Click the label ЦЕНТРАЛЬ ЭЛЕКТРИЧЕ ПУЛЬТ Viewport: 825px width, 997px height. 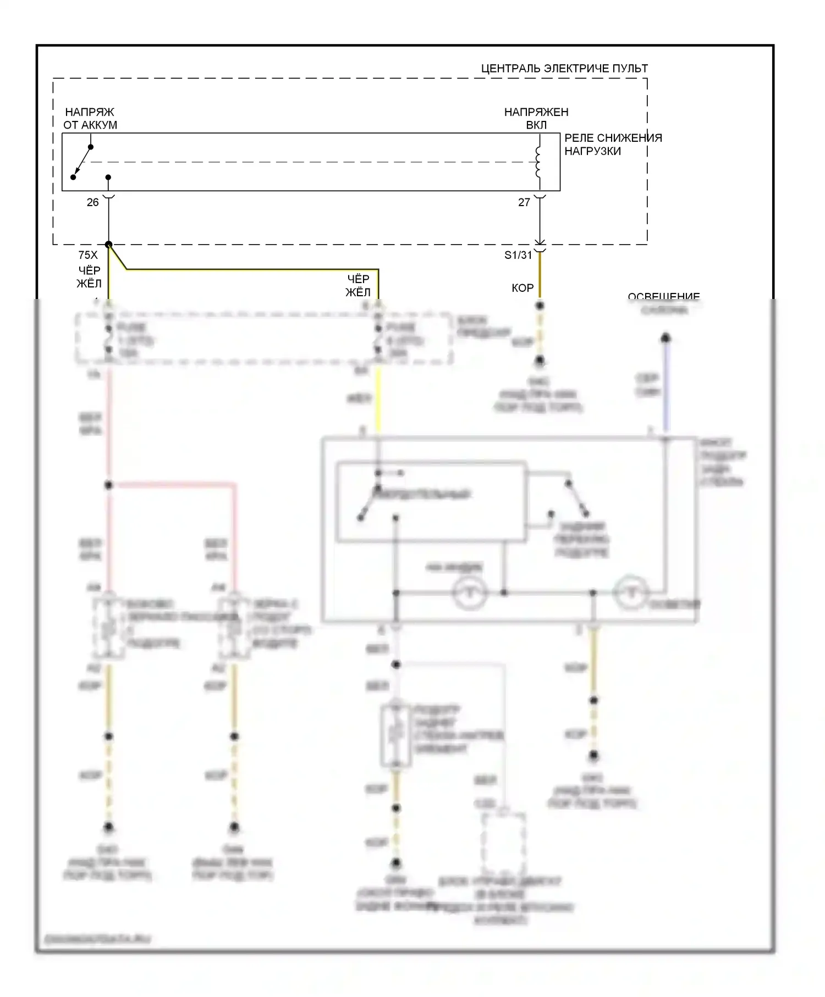click(x=564, y=69)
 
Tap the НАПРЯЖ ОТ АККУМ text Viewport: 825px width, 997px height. click(x=90, y=119)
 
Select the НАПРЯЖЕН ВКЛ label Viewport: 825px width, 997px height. click(x=536, y=119)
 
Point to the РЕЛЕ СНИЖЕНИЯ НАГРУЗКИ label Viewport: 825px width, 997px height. click(x=613, y=145)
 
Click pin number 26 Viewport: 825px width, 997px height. click(x=92, y=202)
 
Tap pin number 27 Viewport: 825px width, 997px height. click(x=524, y=202)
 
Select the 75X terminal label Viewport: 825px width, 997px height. click(x=88, y=255)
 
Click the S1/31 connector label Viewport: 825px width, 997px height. click(x=518, y=255)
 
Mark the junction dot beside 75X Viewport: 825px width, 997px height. click(x=109, y=245)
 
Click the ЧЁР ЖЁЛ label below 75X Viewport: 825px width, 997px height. click(x=89, y=277)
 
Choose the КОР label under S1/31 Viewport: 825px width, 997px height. click(x=522, y=288)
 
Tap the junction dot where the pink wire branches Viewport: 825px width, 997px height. click(x=109, y=485)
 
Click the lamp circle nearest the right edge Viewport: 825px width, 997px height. click(x=631, y=593)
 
